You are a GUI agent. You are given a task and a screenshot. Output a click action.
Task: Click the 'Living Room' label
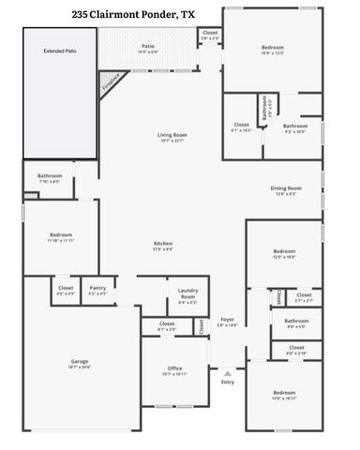(172, 136)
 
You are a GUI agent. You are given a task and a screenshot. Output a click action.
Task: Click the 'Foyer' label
(227, 320)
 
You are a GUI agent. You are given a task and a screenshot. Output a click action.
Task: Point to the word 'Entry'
(227, 382)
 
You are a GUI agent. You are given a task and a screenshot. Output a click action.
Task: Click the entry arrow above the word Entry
(227, 371)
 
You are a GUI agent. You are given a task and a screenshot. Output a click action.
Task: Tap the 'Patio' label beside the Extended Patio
(148, 45)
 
